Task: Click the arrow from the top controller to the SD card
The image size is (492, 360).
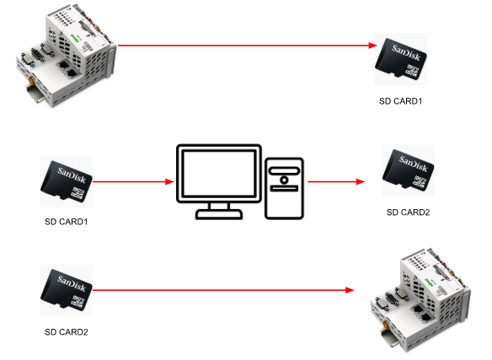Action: (247, 46)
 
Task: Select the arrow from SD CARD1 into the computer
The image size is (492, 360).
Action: (134, 181)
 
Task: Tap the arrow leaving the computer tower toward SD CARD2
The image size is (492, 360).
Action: (337, 181)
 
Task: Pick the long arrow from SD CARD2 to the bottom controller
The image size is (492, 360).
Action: (224, 290)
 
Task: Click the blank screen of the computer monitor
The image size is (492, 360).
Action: (219, 173)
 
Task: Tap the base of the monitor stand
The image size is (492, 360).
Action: (219, 214)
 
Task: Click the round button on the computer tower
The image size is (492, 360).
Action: (284, 180)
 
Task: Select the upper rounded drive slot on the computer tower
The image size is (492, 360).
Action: (284, 170)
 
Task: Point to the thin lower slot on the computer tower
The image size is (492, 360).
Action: (284, 188)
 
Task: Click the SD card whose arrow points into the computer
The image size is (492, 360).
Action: (67, 181)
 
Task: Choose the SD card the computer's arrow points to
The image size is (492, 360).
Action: (409, 170)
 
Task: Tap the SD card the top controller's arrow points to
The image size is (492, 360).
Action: (401, 59)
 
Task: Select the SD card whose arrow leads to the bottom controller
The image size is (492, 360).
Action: (67, 290)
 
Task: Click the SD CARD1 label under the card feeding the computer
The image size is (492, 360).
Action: (67, 222)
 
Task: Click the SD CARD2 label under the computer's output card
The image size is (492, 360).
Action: (409, 212)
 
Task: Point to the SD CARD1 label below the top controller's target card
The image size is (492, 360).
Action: (401, 101)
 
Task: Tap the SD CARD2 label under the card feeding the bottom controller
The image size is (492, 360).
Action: (67, 332)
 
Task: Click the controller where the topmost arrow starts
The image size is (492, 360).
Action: (67, 56)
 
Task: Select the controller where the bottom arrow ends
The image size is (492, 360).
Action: (420, 300)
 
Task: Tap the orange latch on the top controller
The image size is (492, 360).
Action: (31, 79)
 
